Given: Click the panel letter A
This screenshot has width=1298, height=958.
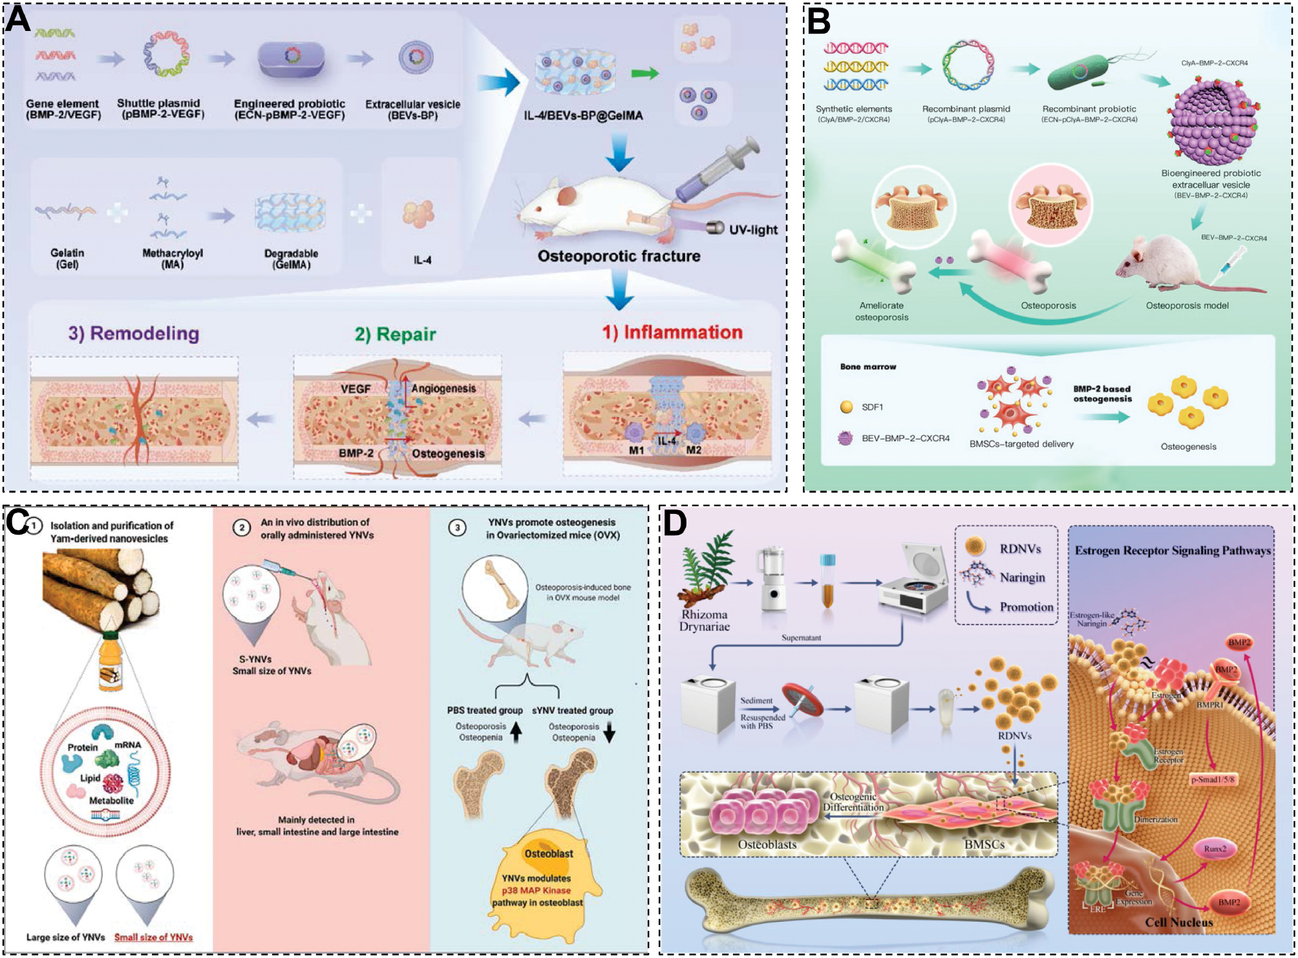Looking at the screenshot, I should click(x=18, y=19).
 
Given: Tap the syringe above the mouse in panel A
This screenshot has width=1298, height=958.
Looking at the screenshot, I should click(x=718, y=169).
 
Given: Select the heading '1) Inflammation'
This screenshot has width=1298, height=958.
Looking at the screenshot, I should click(x=672, y=332).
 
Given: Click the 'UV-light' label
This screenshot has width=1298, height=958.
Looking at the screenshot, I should click(x=753, y=229).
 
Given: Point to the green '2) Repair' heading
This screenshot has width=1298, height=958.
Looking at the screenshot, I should click(x=395, y=334).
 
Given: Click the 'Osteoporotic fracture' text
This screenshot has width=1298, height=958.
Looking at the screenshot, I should click(x=619, y=256).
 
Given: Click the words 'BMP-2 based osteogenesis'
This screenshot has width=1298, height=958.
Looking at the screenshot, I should click(x=1102, y=394).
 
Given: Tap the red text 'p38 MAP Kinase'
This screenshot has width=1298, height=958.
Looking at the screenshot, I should click(x=536, y=890).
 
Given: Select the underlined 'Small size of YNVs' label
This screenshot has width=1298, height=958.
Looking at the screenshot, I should click(x=153, y=937).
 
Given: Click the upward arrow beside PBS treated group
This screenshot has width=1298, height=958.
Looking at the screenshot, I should click(x=516, y=732).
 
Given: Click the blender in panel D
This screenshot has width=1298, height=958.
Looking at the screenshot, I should click(x=772, y=579).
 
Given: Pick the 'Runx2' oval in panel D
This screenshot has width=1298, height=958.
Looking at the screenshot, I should click(x=1215, y=849).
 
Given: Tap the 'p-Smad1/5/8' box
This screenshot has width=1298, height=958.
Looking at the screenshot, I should click(x=1213, y=780).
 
